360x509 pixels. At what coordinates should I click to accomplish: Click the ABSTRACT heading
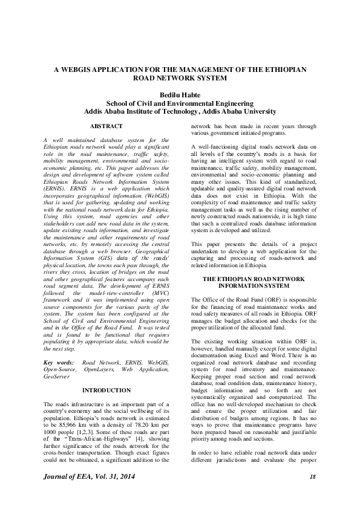point(106,126)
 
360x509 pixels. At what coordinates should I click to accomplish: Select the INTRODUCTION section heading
point(106,391)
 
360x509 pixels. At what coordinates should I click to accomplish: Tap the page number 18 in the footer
point(312,478)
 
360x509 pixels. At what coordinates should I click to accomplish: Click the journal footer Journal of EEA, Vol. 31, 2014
point(87,478)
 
